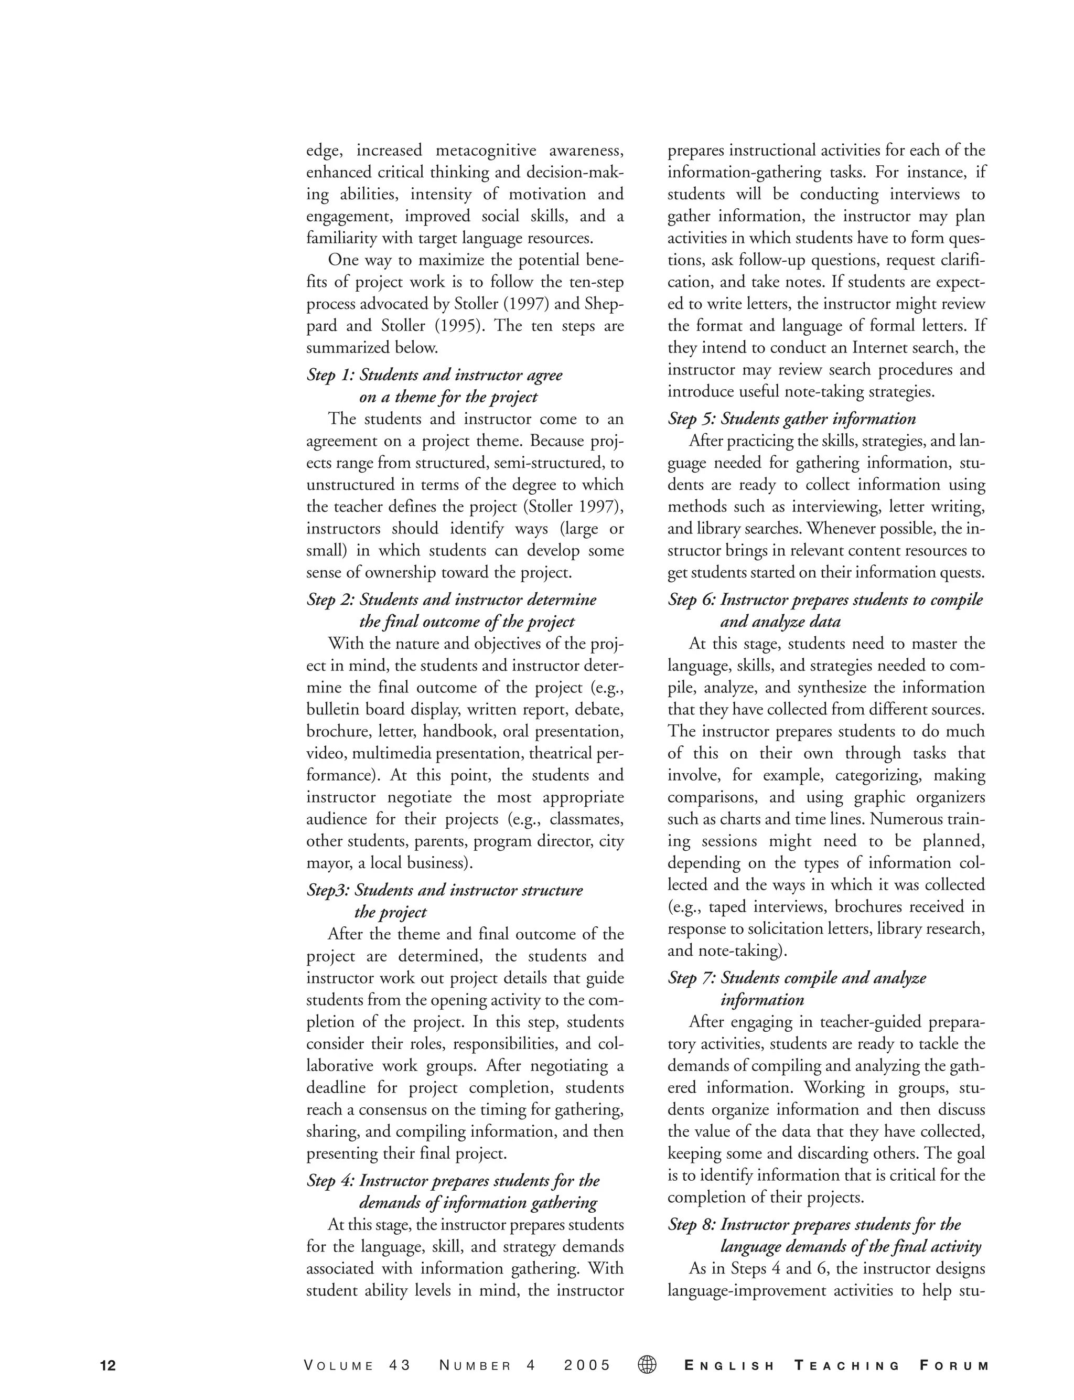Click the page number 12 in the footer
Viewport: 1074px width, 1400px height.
108,1366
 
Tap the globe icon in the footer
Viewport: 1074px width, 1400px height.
647,1365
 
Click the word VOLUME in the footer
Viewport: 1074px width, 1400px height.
339,1366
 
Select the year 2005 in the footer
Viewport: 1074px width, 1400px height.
587,1366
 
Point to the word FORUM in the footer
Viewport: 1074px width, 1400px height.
954,1366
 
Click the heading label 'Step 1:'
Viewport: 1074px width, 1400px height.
330,375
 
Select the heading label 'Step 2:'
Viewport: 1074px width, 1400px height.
330,600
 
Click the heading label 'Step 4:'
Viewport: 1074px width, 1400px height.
330,1181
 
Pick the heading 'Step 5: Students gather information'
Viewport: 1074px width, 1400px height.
791,419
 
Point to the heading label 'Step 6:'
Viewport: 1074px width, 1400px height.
691,600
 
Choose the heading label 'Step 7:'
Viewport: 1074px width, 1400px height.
691,978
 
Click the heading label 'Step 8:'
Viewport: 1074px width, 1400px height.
691,1225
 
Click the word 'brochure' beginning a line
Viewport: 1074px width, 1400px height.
336,731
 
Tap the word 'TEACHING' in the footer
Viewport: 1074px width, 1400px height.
847,1366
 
